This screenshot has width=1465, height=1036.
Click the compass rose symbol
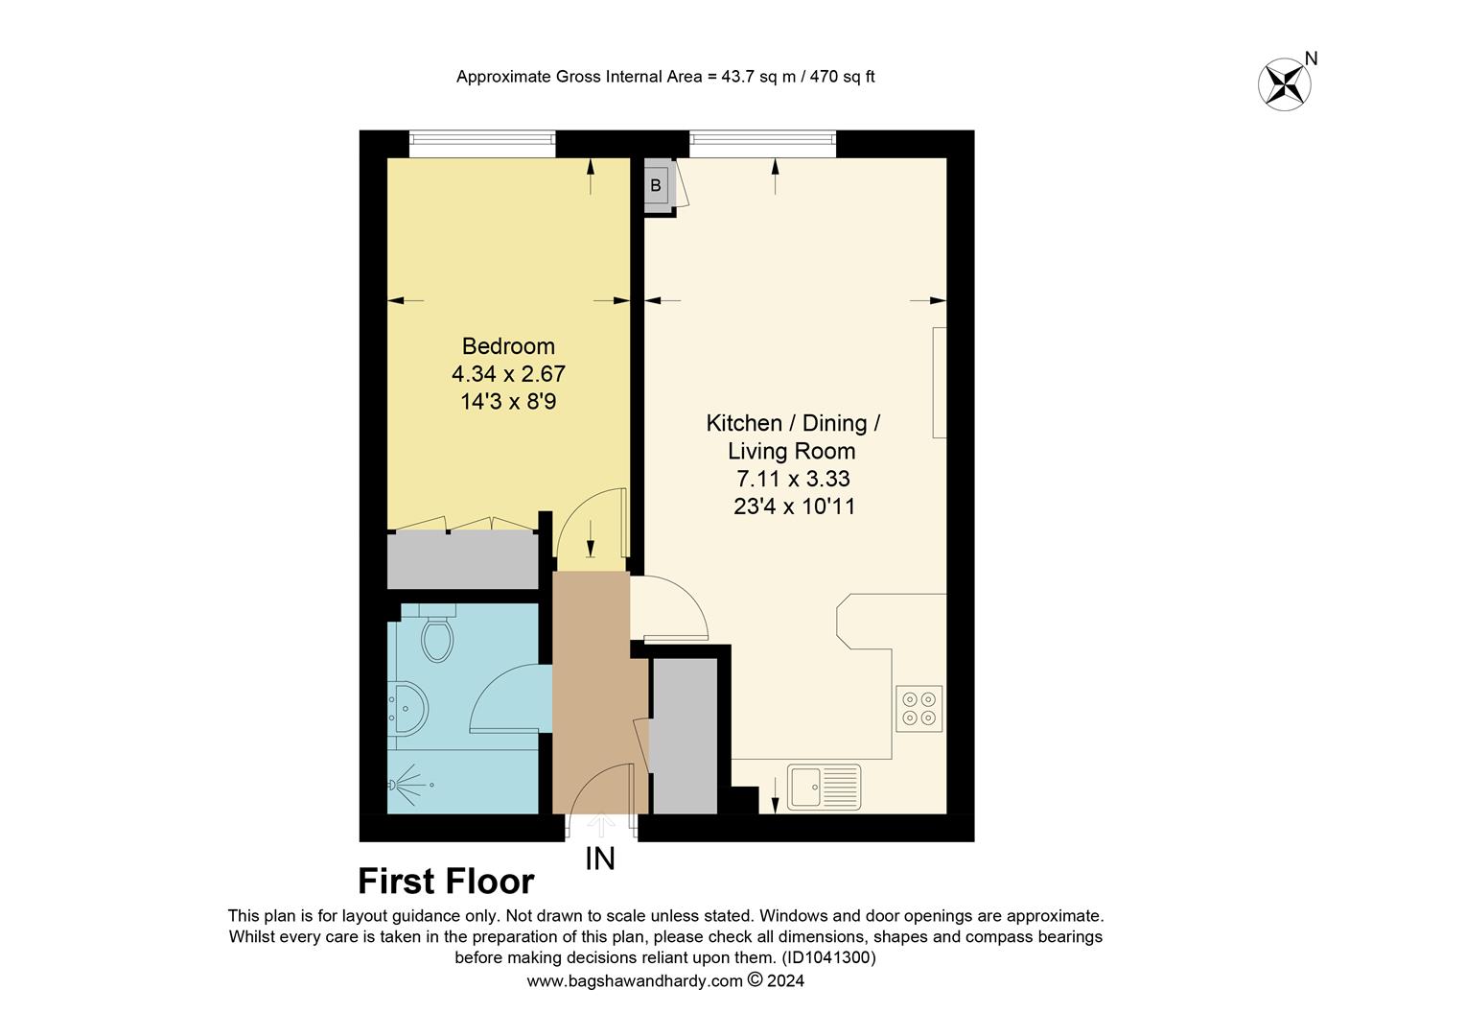pos(1284,83)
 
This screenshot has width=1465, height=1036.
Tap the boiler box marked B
pos(657,186)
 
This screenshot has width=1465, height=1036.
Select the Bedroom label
pos(508,346)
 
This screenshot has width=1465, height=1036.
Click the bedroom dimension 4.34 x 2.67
pos(508,373)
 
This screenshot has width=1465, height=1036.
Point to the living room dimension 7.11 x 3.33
pos(792,479)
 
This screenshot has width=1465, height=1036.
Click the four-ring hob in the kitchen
pos(919,709)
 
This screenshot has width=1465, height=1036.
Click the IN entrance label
pos(600,859)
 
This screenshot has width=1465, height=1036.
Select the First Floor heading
pos(446,881)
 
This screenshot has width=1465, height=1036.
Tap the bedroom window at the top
pos(482,144)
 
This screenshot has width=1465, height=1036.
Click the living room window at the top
pos(762,144)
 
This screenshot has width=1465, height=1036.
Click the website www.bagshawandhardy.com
pos(635,981)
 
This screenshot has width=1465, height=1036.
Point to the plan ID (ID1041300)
pos(828,957)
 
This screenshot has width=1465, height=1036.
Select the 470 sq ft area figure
pos(842,77)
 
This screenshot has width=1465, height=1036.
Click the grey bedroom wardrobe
pos(463,560)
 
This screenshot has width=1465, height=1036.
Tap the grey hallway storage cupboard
pos(685,736)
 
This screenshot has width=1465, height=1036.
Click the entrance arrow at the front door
pos(600,823)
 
